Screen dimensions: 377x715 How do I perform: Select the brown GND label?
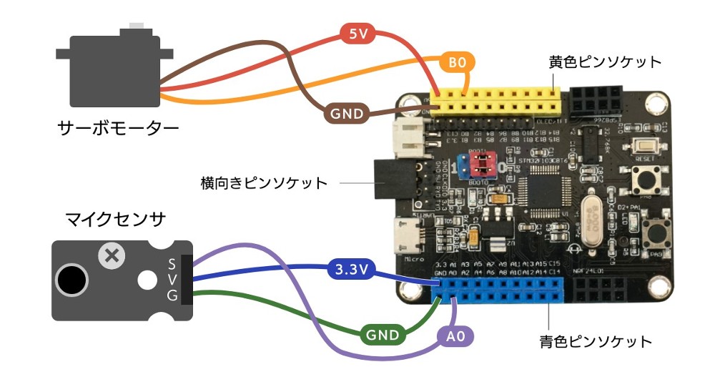tap(346, 113)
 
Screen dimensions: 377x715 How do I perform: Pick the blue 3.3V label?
tap(351, 270)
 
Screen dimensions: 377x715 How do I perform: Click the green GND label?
tap(382, 333)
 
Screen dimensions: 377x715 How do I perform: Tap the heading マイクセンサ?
tap(116, 217)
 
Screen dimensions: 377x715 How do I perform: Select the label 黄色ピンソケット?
tap(605, 62)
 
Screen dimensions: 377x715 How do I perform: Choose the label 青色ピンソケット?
tap(595, 341)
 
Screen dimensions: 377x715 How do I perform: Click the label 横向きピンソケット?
tap(264, 183)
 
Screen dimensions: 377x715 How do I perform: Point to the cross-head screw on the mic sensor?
tap(111, 255)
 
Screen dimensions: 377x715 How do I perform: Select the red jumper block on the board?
tap(481, 165)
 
